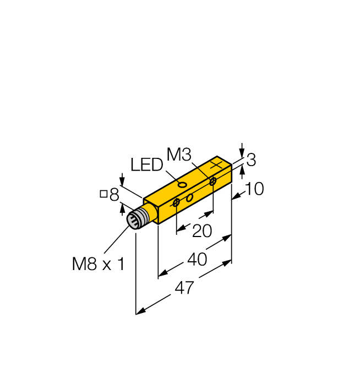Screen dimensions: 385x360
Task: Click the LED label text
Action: point(147,165)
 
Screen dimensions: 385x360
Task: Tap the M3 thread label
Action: point(179,155)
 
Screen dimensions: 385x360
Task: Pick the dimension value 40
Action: point(197,259)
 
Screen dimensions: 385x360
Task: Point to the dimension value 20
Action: point(202,231)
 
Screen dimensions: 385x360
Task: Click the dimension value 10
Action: point(254,189)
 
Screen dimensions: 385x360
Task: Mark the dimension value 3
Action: point(251,160)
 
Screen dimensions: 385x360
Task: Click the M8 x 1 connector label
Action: point(99,264)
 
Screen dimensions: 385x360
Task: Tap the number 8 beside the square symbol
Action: point(114,194)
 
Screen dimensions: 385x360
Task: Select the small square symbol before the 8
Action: point(103,194)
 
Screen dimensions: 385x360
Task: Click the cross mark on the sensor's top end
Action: point(219,164)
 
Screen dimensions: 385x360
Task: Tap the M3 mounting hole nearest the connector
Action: point(176,204)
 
